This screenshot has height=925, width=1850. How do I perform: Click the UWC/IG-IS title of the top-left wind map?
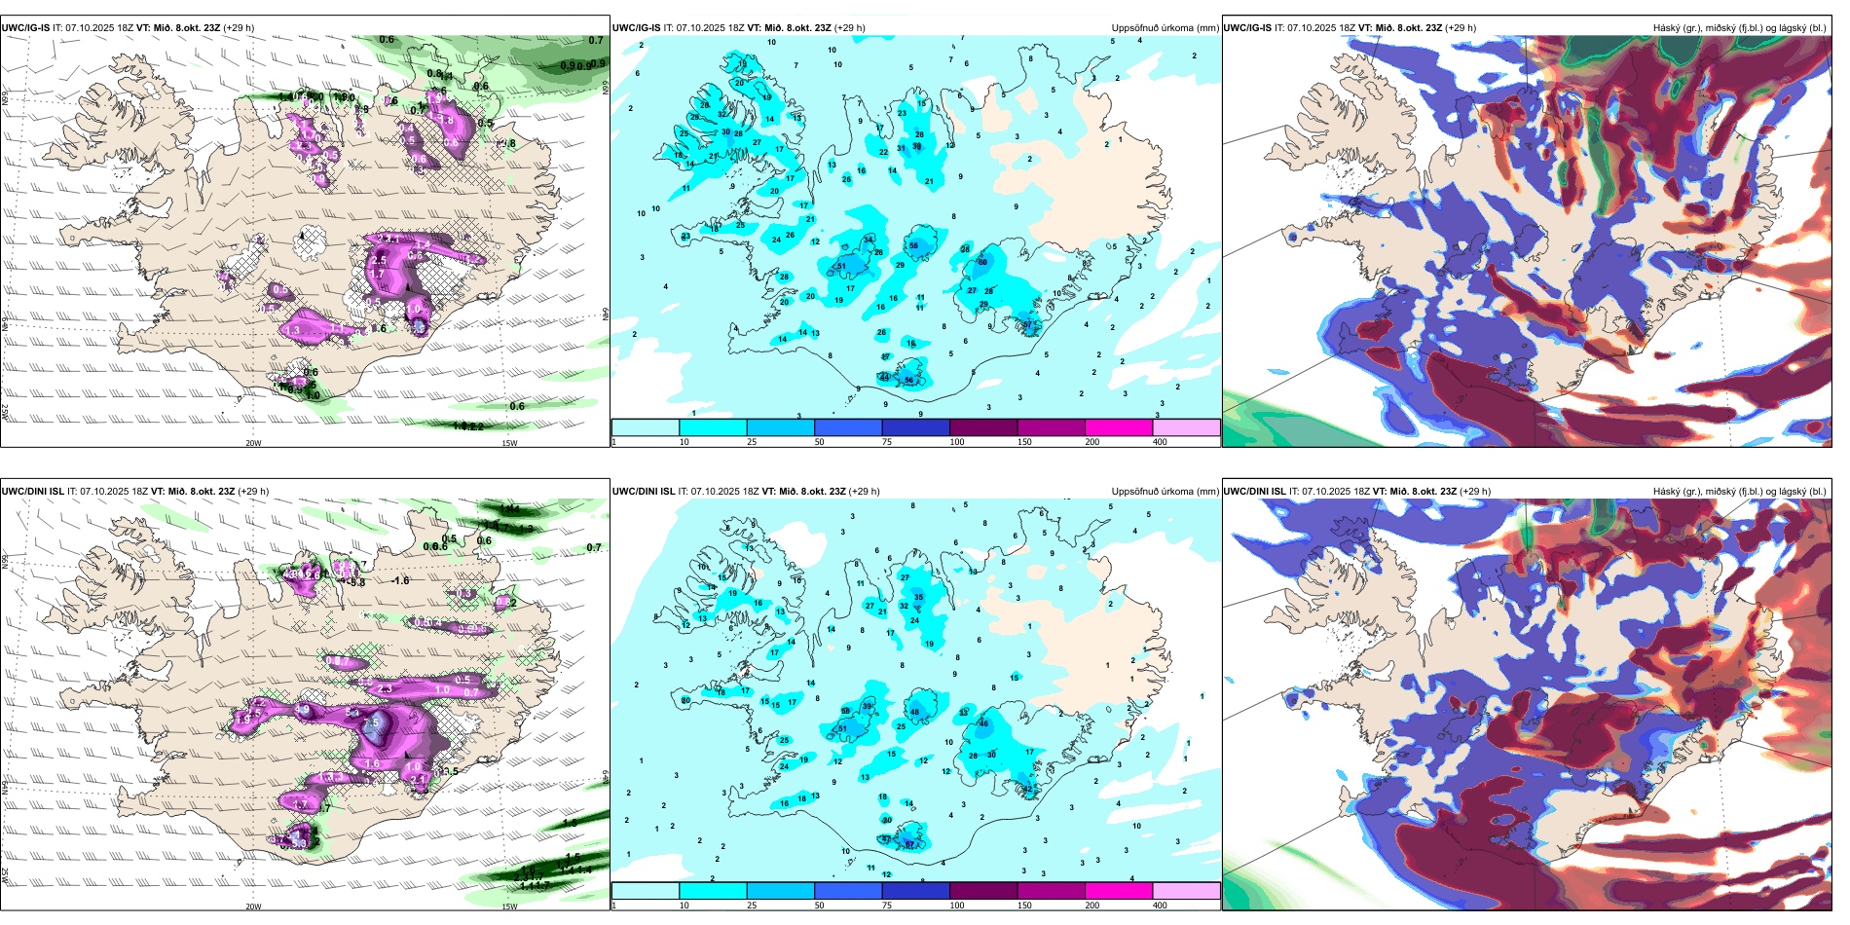[x=25, y=27]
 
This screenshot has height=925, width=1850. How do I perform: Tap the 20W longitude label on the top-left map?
[x=253, y=443]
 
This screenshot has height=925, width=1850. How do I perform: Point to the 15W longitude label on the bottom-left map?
[x=508, y=906]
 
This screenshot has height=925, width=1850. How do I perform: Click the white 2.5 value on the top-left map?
[x=379, y=260]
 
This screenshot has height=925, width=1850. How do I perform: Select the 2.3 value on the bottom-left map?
[x=385, y=689]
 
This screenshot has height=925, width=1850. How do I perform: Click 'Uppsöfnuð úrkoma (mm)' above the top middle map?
[x=1165, y=27]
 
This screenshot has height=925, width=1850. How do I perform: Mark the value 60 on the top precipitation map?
[x=982, y=262]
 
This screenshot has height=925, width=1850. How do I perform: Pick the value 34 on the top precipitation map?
[x=869, y=240]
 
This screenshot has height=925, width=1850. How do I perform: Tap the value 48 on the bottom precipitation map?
[x=914, y=712]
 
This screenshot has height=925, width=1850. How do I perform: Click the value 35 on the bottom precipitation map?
[x=918, y=597]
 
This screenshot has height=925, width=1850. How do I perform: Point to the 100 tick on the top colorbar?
[x=957, y=442]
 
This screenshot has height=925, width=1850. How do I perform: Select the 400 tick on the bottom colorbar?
[x=1160, y=906]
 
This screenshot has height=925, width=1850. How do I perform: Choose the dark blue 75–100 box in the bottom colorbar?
[x=915, y=891]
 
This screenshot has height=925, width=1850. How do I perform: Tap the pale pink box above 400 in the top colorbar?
[x=1186, y=427]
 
